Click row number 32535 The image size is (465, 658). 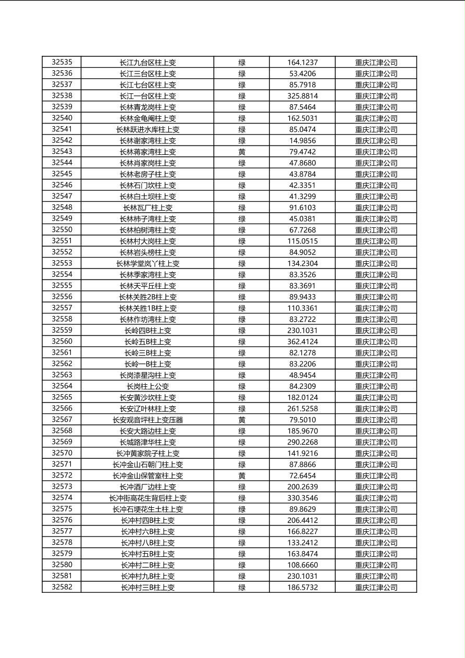coord(62,62)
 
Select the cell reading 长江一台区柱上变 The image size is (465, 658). coord(148,96)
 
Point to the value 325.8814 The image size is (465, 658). coord(302,96)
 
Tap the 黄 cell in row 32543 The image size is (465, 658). coord(242,152)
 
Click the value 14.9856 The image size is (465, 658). coord(302,140)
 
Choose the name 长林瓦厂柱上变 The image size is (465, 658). coord(148,208)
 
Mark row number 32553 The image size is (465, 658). coord(62,263)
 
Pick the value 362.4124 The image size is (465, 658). coord(302,342)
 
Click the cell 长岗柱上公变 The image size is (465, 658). coord(148,386)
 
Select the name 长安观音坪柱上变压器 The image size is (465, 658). coord(148,420)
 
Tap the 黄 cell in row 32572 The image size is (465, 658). coord(242,476)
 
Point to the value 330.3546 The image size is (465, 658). coord(302,498)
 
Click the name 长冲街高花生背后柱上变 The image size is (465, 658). coord(148,498)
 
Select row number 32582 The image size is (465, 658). coord(62,587)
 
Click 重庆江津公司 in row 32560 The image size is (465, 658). coord(376,342)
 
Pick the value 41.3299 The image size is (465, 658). coord(302,196)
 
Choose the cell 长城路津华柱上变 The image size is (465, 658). coord(148,442)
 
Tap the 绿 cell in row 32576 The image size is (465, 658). coord(242,520)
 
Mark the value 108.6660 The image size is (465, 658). coord(302,565)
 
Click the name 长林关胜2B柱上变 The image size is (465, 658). coord(148,297)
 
